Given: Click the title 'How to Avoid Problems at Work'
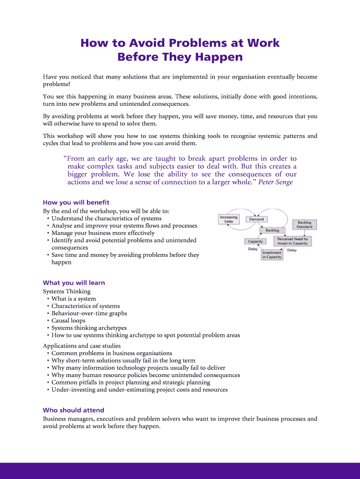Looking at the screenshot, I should [180, 43].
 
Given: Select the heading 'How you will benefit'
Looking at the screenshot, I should [76, 203].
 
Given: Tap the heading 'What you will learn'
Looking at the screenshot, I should [74, 283].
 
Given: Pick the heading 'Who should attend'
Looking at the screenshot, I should [73, 410].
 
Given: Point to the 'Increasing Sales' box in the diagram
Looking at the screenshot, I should [229, 219].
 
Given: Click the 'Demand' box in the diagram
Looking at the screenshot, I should [256, 219].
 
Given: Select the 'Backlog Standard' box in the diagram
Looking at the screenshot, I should [304, 225].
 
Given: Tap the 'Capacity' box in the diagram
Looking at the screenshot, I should [255, 241].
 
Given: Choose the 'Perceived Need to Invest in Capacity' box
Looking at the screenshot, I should [292, 241].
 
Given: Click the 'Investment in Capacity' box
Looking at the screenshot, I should [272, 255].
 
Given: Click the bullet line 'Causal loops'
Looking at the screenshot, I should [68, 321].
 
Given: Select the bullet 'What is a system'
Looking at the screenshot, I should [73, 299].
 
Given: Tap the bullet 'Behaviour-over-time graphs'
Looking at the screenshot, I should [89, 313].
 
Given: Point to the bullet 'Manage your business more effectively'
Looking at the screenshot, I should [103, 233].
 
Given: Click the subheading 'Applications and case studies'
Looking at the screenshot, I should [82, 346].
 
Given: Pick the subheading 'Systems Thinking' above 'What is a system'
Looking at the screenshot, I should [66, 291].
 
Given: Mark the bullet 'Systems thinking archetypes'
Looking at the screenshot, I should [89, 328].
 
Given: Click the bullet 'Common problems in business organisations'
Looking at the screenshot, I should [112, 353].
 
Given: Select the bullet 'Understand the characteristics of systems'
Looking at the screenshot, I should [106, 218].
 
